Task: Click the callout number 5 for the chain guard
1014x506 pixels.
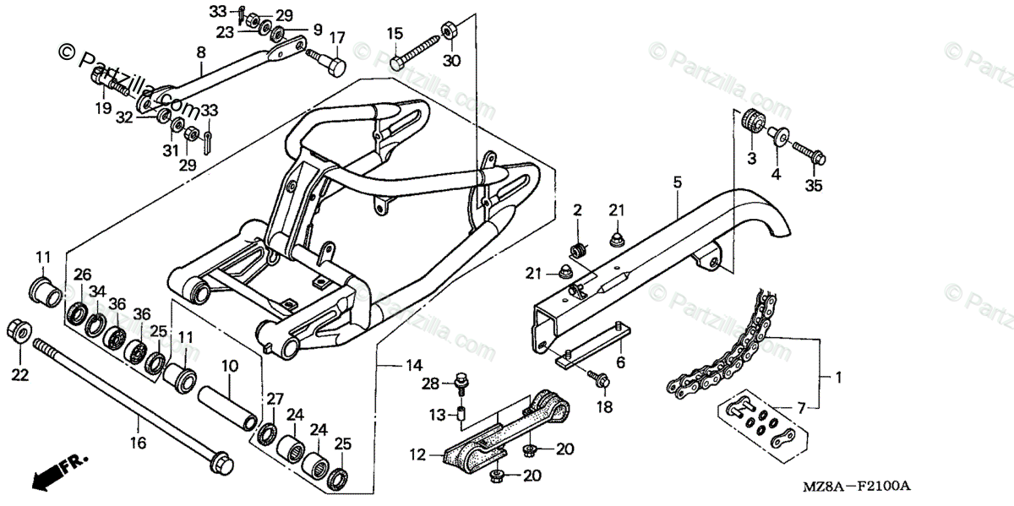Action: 677,182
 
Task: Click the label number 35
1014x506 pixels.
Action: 813,186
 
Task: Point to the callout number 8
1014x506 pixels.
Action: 200,52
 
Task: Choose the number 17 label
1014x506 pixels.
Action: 337,38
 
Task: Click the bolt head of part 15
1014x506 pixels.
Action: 395,63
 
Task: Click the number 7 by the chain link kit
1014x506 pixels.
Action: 800,408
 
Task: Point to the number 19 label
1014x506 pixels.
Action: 102,108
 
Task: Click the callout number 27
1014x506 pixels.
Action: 275,399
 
